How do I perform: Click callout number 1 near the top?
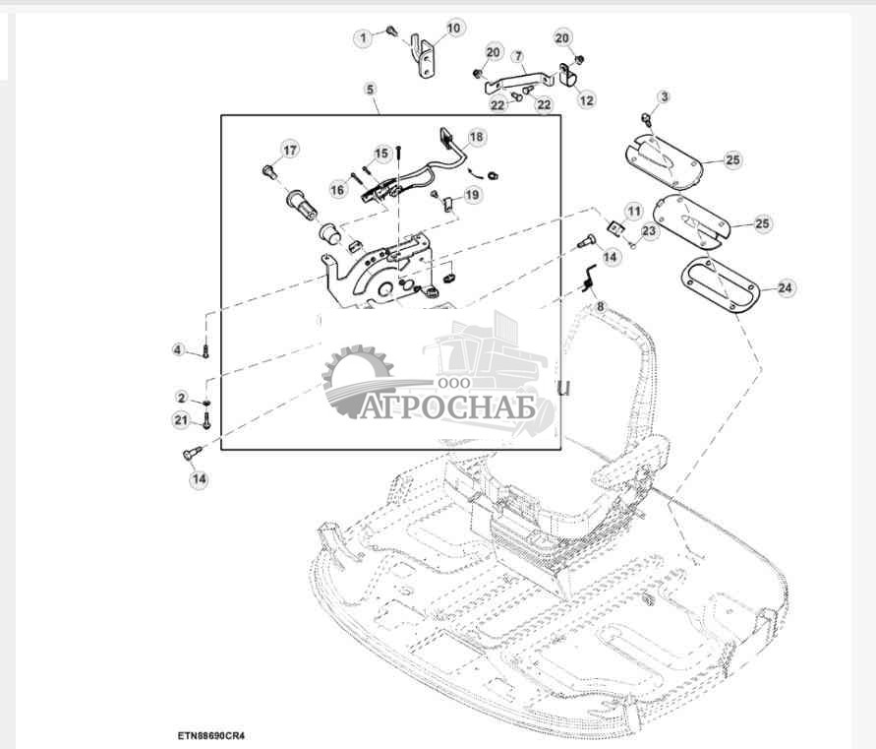tap(364, 37)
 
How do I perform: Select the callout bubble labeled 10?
tap(453, 29)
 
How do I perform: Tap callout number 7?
tap(518, 58)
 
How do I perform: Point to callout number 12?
tap(586, 99)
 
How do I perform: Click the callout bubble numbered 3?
tap(665, 96)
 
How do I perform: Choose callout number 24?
tap(784, 288)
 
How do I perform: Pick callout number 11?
tap(633, 211)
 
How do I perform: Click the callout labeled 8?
tap(599, 306)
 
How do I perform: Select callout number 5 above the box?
tap(371, 90)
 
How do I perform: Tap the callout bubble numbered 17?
tap(289, 150)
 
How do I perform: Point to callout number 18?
tap(476, 137)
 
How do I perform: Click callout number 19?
tap(473, 195)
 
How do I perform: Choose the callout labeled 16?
tap(338, 189)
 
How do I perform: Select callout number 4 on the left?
tap(178, 349)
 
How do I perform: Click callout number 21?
tap(180, 420)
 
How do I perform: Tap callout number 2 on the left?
tap(181, 398)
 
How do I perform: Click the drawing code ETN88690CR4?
tap(211, 735)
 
